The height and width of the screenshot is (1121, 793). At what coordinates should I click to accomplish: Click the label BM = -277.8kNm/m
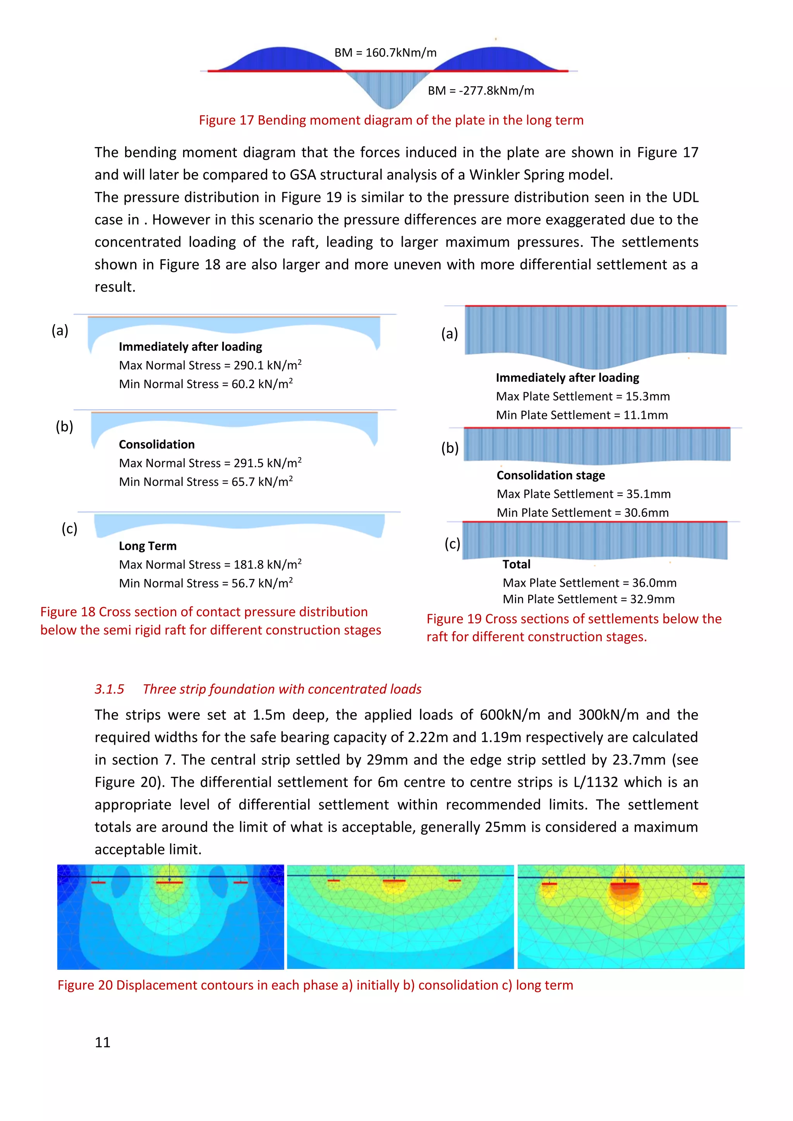(x=481, y=91)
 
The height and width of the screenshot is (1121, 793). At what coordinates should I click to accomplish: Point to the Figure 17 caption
(x=391, y=120)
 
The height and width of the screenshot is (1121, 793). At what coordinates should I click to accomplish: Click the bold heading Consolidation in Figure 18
(x=156, y=444)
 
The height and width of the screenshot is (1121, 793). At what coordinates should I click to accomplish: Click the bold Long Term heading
(x=148, y=546)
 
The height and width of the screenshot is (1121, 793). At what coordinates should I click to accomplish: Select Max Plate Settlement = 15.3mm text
(x=582, y=396)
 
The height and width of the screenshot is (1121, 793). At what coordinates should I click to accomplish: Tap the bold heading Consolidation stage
(x=551, y=475)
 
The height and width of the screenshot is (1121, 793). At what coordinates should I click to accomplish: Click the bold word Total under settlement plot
(x=516, y=564)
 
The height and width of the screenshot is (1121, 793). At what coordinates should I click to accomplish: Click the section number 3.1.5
(x=110, y=689)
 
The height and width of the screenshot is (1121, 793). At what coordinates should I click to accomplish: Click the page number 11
(x=103, y=1042)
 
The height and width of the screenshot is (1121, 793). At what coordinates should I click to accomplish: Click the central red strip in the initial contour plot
(x=169, y=882)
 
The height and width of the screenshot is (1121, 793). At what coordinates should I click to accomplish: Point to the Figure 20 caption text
(x=315, y=985)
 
